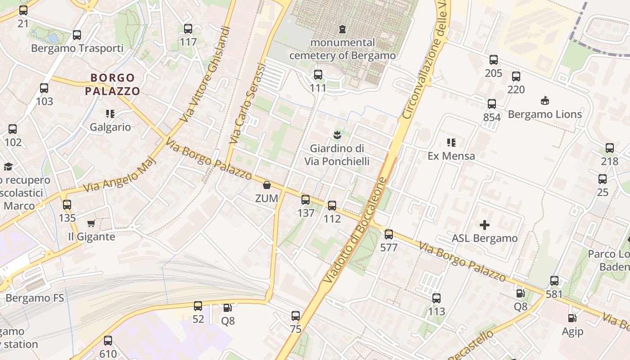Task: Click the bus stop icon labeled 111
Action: click(x=318, y=75)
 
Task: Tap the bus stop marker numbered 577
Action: click(x=389, y=234)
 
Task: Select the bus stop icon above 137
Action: click(x=306, y=200)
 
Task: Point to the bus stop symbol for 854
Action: click(x=492, y=104)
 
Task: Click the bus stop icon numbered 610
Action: click(x=108, y=341)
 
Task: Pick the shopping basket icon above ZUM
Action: click(x=267, y=185)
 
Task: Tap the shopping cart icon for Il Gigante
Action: click(x=91, y=223)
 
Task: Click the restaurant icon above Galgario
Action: click(x=110, y=114)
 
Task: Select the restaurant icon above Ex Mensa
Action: click(x=451, y=143)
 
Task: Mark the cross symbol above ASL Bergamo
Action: click(x=485, y=225)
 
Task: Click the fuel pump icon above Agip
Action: click(x=572, y=318)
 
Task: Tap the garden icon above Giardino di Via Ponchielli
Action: click(x=337, y=135)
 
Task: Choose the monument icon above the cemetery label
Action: click(x=342, y=29)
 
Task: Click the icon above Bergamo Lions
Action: click(x=544, y=101)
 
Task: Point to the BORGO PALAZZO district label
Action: click(x=112, y=85)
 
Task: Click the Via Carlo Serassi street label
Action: click(x=247, y=103)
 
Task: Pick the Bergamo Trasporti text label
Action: click(x=77, y=48)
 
